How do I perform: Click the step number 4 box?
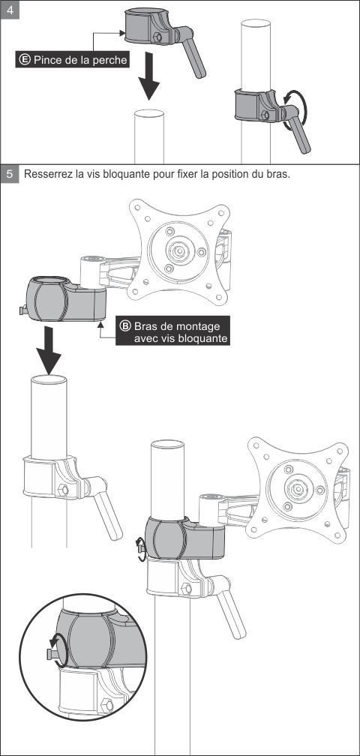pos(10,10)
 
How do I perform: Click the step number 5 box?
pos(10,174)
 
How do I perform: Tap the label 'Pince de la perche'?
pos(80,60)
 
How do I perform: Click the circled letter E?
pos(24,60)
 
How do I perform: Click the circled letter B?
pos(125,326)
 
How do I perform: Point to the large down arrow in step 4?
pos(148,76)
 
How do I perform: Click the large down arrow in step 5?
pos(49,350)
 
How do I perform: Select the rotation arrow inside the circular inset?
pos(57,650)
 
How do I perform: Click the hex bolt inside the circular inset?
pos(108,705)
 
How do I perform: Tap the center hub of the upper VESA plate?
pos(178,250)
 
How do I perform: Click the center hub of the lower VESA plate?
pos(297,489)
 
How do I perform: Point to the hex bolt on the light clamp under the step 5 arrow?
pos(64,490)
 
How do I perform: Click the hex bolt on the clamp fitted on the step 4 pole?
pos(264,115)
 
